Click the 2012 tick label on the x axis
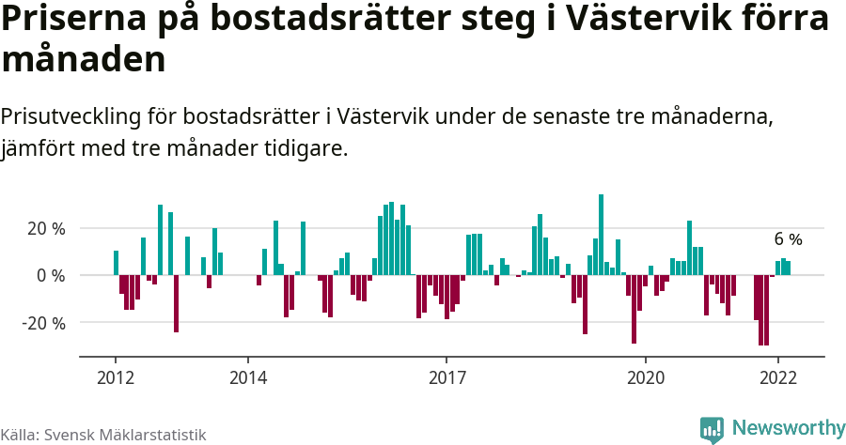(115, 378)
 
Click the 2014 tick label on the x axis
(247, 378)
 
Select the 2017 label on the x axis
(446, 378)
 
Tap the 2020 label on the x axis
(645, 378)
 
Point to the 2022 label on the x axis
(777, 378)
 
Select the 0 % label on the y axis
(51, 275)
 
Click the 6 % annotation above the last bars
(788, 239)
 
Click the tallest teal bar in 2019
(602, 235)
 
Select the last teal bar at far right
(789, 268)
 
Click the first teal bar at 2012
(116, 263)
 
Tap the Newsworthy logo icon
(712, 429)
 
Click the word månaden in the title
(84, 59)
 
